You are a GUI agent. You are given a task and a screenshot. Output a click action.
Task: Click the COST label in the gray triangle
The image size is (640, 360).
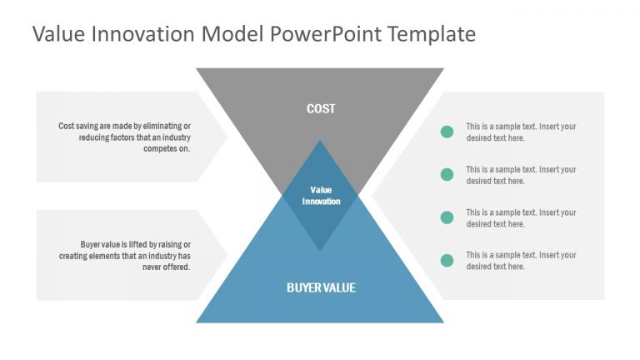(x=321, y=108)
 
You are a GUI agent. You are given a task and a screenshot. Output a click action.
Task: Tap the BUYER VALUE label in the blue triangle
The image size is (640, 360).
(x=321, y=287)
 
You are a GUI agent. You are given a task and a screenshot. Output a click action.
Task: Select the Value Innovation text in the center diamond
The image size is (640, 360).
(x=321, y=195)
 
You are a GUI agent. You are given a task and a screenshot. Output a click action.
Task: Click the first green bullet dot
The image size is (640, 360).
(x=447, y=132)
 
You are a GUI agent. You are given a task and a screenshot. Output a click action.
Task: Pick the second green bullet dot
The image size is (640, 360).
(x=447, y=174)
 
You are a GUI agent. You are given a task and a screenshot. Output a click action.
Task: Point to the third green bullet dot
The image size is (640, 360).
(x=447, y=217)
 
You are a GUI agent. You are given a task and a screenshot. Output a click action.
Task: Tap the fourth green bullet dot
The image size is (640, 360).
(x=447, y=260)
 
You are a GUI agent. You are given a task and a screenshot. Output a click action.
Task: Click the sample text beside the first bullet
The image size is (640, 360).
(x=521, y=132)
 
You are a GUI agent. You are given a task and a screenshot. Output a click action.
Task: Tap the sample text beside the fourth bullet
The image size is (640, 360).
(x=521, y=260)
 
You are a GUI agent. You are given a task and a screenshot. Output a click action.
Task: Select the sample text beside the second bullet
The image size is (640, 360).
(x=521, y=175)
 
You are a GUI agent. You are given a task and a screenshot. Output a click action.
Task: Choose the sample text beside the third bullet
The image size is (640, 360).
(x=521, y=217)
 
